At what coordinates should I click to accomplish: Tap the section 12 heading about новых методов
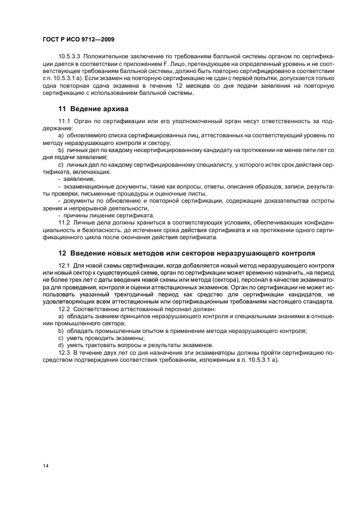coord(186,253)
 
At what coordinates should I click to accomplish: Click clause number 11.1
coord(64,120)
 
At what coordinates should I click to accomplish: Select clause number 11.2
coord(64,222)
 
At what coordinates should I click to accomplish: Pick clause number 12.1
coord(64,265)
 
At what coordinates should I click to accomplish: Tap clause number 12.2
coord(64,308)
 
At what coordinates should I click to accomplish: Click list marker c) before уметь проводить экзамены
coord(61,337)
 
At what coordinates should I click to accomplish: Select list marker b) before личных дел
coord(61,149)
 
